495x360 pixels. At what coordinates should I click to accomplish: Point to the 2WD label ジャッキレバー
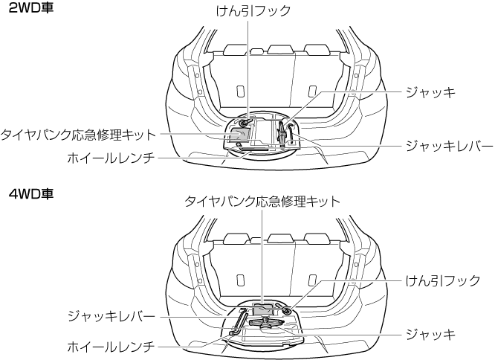click(448, 146)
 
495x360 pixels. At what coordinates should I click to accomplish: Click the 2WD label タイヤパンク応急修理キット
click(79, 135)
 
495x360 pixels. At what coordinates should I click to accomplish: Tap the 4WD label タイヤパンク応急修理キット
click(262, 202)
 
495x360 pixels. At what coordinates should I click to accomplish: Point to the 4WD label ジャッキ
click(429, 335)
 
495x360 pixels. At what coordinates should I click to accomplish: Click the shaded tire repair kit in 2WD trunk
click(239, 134)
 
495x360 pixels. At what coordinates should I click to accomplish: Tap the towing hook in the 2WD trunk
click(245, 121)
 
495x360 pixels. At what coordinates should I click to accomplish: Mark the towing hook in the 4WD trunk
click(287, 309)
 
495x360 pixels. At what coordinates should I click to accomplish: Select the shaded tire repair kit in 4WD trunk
click(264, 307)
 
